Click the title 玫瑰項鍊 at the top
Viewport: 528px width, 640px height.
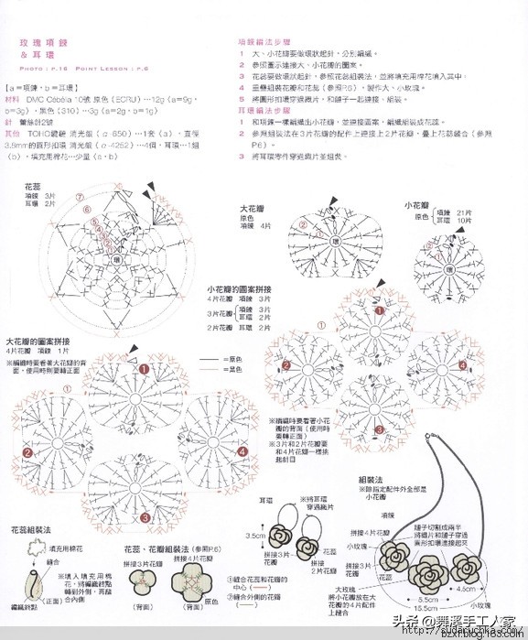pos(37,42)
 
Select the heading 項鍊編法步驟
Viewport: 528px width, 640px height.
pos(258,42)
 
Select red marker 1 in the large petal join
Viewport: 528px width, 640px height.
pos(144,369)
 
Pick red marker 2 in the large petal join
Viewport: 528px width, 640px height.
pos(27,452)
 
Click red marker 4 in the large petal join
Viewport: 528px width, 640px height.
pos(242,451)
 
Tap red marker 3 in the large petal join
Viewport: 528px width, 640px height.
pos(144,518)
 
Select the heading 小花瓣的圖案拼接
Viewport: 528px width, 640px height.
pos(239,288)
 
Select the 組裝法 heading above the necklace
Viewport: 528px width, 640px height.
pos(369,479)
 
